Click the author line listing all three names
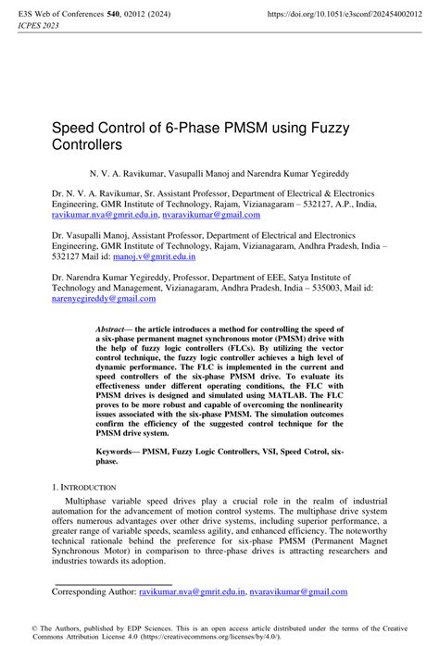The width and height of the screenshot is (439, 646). point(219,173)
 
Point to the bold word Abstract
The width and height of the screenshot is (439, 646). point(115,329)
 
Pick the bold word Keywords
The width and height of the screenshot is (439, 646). point(120,453)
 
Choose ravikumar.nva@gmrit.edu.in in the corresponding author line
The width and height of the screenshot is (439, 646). point(192,589)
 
